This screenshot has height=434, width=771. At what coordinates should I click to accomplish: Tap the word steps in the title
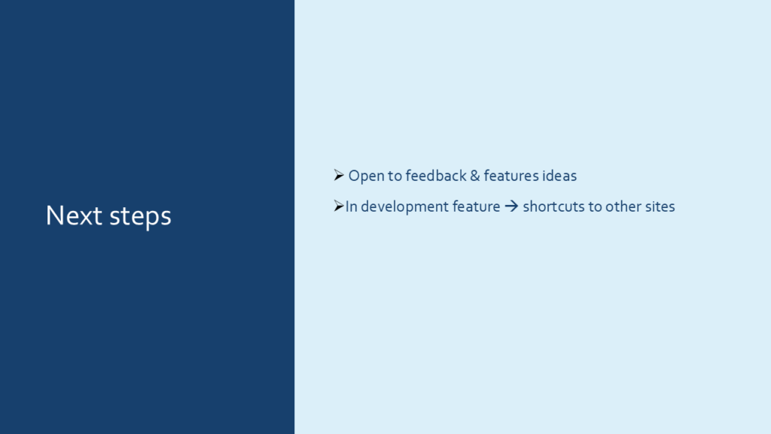coord(140,217)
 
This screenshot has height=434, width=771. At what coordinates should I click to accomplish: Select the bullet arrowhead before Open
coord(339,175)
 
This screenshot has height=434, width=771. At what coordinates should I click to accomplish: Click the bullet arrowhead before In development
coord(339,206)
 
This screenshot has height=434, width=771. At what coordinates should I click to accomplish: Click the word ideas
coord(559,176)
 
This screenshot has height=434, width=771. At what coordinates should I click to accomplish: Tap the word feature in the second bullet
coord(477,206)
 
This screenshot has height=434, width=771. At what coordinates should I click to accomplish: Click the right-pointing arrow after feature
coord(511,206)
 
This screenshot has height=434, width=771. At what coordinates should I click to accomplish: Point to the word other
coord(623,206)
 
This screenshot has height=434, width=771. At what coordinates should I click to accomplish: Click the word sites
coord(660,206)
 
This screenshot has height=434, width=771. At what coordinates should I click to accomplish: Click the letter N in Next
coord(53,215)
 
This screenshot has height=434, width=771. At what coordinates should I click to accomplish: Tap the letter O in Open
coord(355,176)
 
